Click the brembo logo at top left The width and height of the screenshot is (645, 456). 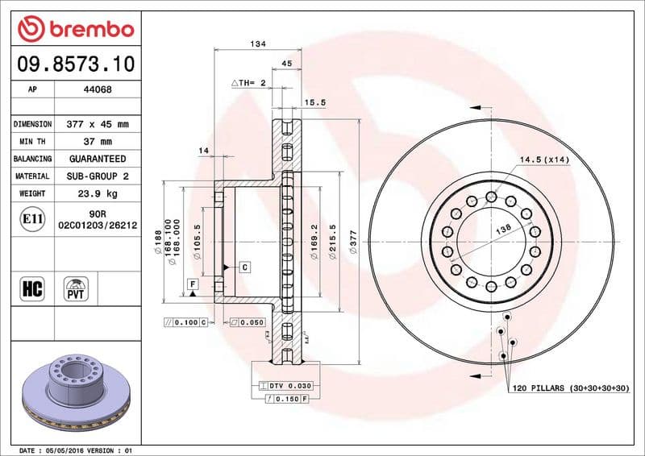pyautogui.click(x=75, y=29)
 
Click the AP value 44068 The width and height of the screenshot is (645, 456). pyautogui.click(x=98, y=90)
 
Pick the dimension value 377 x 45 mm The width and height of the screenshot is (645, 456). pyautogui.click(x=98, y=125)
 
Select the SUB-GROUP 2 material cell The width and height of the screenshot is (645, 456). pyautogui.click(x=98, y=176)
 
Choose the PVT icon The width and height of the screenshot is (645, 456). pyautogui.click(x=77, y=288)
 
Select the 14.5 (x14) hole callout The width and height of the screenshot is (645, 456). pyautogui.click(x=544, y=160)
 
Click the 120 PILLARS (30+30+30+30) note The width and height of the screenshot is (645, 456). pyautogui.click(x=570, y=388)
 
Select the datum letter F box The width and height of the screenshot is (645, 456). pyautogui.click(x=193, y=284)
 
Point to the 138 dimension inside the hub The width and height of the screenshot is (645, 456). pyautogui.click(x=503, y=230)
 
